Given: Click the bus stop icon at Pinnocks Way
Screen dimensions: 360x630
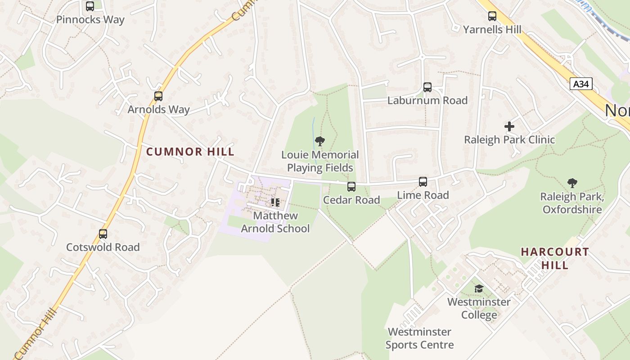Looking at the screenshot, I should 90,6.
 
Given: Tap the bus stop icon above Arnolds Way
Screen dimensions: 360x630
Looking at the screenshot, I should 158,96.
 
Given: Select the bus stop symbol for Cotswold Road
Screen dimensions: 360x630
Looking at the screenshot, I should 103,234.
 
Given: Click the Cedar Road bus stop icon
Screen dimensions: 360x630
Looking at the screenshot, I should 351,186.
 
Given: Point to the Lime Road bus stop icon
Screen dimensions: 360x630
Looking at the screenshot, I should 423,182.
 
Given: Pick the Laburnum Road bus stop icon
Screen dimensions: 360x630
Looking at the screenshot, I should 427,87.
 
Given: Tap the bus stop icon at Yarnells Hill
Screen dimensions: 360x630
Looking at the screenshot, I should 492,17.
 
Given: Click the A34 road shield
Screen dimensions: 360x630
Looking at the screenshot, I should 581,84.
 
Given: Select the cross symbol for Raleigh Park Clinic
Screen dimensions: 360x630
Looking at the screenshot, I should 509,126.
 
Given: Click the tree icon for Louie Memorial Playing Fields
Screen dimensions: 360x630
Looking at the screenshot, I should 320,142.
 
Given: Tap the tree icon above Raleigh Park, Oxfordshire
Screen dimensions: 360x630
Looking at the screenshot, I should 572,183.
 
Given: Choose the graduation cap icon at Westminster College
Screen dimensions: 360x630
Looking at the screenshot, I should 479,288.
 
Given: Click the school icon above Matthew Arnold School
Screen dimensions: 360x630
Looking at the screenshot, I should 275,202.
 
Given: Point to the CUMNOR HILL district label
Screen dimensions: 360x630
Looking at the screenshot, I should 190,152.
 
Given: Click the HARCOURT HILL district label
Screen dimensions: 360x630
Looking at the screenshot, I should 555,258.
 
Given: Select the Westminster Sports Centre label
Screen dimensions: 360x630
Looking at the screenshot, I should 419,338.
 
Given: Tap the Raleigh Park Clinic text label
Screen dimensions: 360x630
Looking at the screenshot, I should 509,139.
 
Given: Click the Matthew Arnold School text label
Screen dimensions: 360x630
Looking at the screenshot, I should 275,222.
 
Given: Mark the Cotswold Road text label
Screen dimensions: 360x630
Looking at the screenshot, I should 103,247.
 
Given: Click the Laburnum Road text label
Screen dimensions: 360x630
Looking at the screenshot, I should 427,100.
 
